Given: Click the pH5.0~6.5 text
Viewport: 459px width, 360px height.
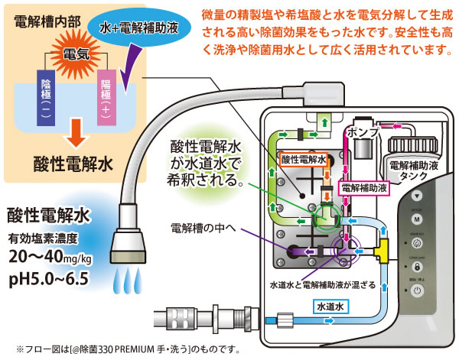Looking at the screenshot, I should pyautogui.click(x=50, y=273).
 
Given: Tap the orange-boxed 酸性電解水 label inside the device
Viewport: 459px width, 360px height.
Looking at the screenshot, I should pyautogui.click(x=304, y=160).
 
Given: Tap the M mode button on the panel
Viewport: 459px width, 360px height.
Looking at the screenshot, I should pyautogui.click(x=418, y=220).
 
